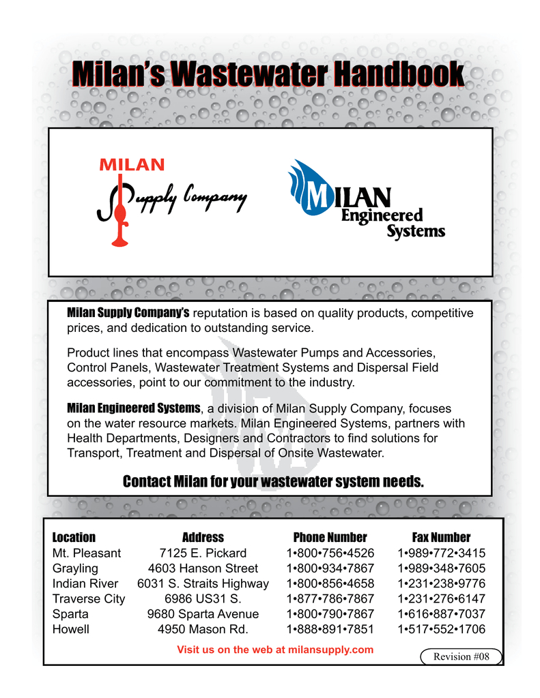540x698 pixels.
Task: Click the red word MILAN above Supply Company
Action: pyautogui.click(x=132, y=164)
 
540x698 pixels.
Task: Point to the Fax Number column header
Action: pyautogui.click(x=441, y=537)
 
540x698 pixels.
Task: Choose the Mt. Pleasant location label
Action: pyautogui.click(x=86, y=553)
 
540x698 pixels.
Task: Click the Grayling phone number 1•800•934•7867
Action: pyautogui.click(x=330, y=568)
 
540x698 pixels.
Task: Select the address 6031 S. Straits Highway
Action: pyautogui.click(x=203, y=583)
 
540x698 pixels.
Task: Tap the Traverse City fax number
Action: pyautogui.click(x=441, y=598)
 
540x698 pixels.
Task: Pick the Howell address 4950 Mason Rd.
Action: pyautogui.click(x=203, y=629)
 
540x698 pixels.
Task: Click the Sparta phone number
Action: pyautogui.click(x=330, y=614)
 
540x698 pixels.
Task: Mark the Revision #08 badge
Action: pyautogui.click(x=461, y=656)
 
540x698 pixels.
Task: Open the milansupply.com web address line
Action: pyautogui.click(x=275, y=650)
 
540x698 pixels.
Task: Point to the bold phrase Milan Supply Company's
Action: pyautogui.click(x=128, y=313)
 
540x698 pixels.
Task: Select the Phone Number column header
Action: pyautogui.click(x=330, y=537)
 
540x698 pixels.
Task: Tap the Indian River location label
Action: pyautogui.click(x=85, y=583)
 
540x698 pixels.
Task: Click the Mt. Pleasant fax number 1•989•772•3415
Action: pyautogui.click(x=441, y=553)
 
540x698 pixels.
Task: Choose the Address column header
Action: pyautogui.click(x=203, y=537)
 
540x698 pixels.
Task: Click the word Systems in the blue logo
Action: pyautogui.click(x=416, y=231)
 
